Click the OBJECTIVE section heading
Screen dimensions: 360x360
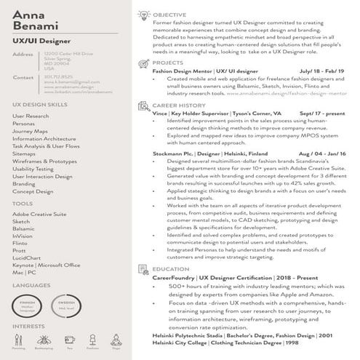[x=169, y=15]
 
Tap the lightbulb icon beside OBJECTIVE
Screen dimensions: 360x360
[x=143, y=15]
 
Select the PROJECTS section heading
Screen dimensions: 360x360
[x=167, y=63]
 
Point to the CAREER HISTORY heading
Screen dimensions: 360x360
[x=177, y=105]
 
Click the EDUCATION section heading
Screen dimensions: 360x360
[x=170, y=269]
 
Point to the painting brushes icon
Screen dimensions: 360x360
[x=19, y=340]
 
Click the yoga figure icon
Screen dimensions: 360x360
[x=116, y=340]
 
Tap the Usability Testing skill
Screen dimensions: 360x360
[x=33, y=169]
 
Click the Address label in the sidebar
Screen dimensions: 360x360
[x=23, y=54]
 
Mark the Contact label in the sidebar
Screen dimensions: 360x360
[x=23, y=76]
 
